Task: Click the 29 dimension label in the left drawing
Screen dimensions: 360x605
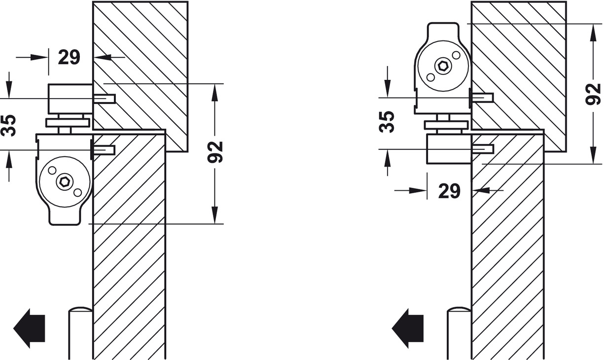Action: click(x=69, y=57)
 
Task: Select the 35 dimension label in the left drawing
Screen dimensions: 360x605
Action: click(x=9, y=125)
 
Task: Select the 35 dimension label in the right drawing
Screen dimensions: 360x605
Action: click(x=388, y=121)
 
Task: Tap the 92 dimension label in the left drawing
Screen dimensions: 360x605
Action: click(x=215, y=151)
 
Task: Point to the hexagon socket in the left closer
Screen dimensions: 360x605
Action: click(x=65, y=181)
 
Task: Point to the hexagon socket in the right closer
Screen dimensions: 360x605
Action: click(x=442, y=66)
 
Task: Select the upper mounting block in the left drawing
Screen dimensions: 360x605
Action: click(x=70, y=99)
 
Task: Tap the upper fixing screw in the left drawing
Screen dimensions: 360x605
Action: click(x=104, y=99)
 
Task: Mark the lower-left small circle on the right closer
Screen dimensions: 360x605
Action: click(x=430, y=77)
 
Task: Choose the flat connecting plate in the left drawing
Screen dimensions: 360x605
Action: click(x=68, y=122)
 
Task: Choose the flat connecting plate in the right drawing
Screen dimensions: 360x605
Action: click(x=446, y=125)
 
